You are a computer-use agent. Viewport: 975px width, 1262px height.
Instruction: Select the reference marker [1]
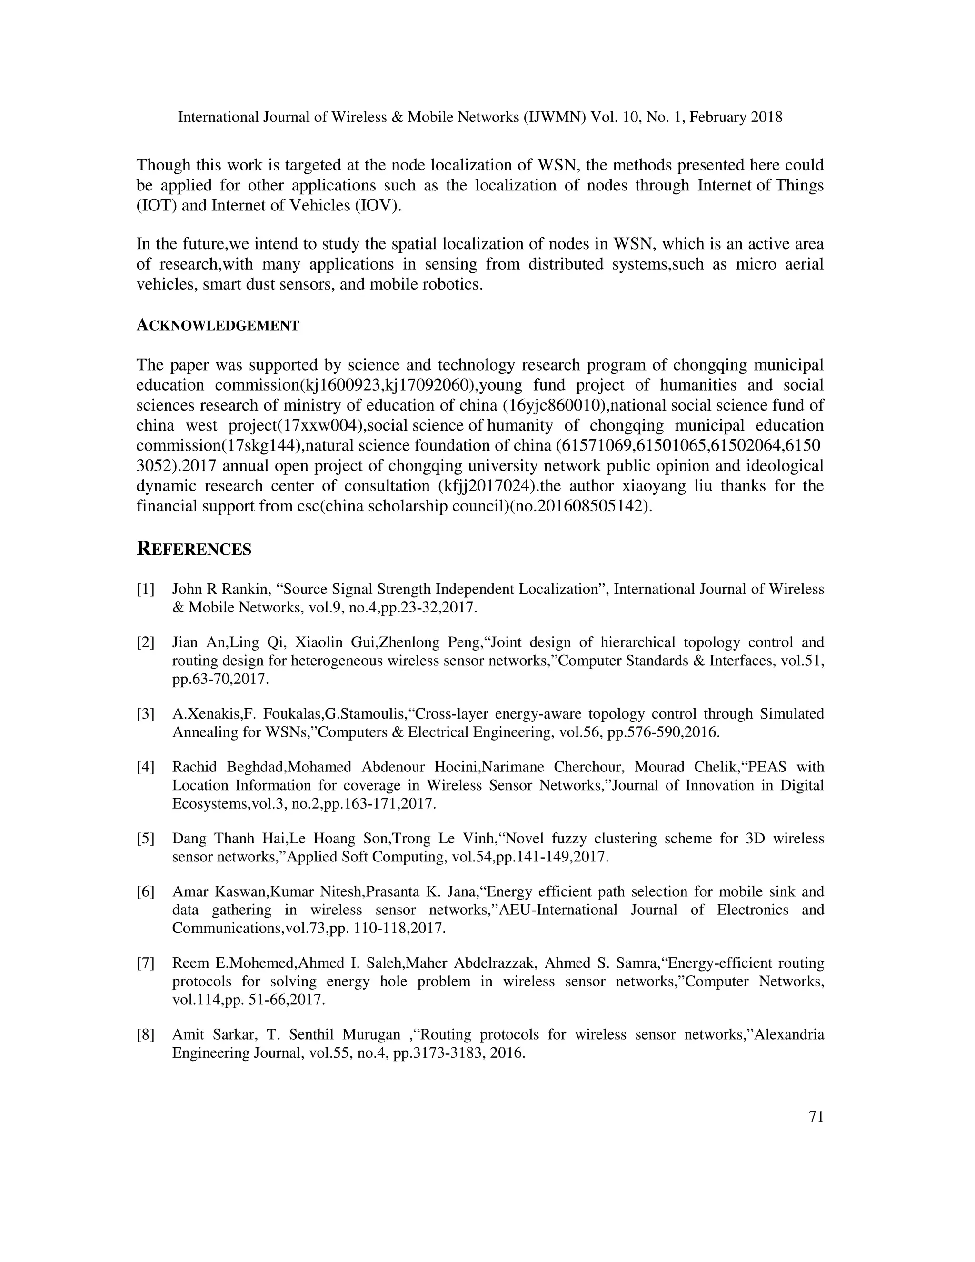146,590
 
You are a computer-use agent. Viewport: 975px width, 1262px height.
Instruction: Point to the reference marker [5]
146,839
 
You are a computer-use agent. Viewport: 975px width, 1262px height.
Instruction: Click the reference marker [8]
146,1035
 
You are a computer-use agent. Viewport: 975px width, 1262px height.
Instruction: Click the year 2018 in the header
766,117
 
